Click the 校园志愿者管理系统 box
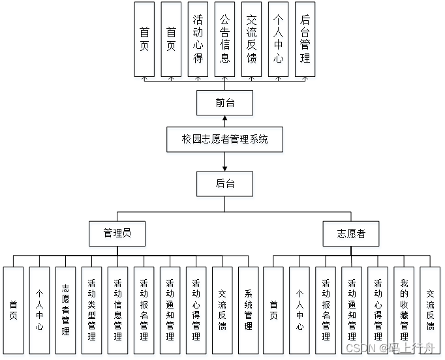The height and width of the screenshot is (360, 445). pos(225,139)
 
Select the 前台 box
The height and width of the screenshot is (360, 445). pos(224,102)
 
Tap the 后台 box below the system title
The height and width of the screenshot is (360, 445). pos(224,183)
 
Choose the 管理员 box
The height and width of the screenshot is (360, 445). pos(117,233)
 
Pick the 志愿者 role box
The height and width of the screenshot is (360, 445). pos(351,233)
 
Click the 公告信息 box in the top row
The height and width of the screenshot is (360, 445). pos(224,39)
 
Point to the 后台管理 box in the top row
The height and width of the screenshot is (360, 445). pos(305,39)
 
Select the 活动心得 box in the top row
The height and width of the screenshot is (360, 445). pos(198,39)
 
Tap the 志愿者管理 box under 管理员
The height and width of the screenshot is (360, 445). pos(65,310)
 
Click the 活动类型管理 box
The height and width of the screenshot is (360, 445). pos(91,310)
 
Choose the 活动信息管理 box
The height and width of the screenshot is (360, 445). pos(117,310)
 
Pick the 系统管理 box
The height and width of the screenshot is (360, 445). pos(248,310)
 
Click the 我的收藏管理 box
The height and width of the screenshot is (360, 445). pos(404,310)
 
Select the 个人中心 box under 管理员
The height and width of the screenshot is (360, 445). pos(39,310)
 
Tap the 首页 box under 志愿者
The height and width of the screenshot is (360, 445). pos(273,310)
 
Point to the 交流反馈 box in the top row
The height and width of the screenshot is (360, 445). pos(251,39)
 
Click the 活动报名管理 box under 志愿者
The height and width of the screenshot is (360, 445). pos(326,310)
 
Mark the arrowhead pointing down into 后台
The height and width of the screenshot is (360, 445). pos(224,168)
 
